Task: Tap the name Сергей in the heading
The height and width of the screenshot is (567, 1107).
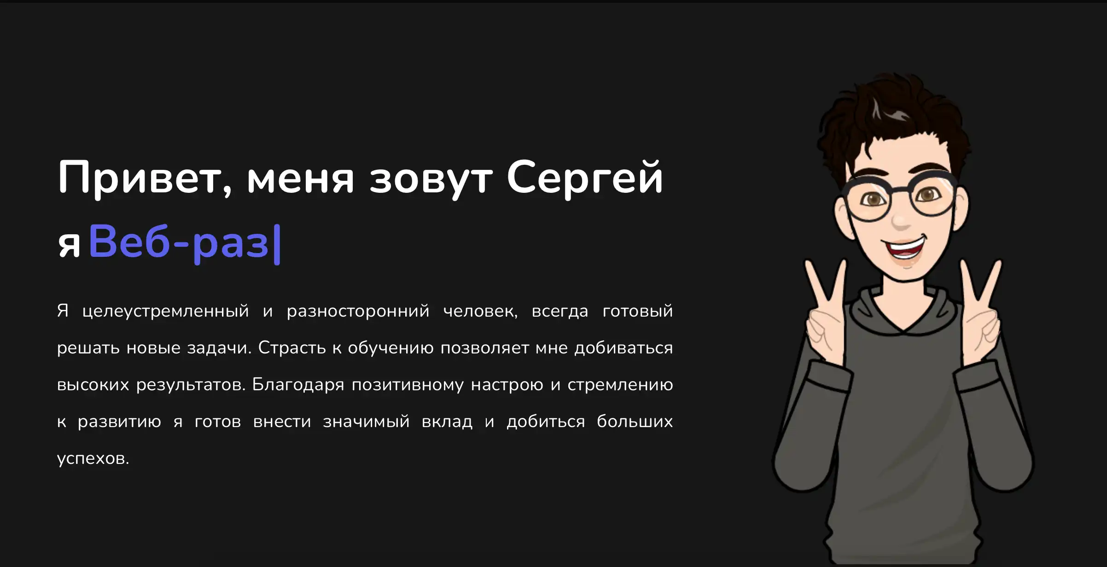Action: tap(585, 178)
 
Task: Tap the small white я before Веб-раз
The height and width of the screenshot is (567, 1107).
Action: tap(69, 245)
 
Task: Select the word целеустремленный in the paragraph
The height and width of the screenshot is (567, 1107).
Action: tap(166, 312)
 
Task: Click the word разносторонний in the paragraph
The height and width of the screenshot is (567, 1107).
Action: tap(358, 312)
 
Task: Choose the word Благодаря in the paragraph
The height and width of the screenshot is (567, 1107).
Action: tap(298, 385)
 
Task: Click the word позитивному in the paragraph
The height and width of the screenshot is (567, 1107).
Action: tap(408, 385)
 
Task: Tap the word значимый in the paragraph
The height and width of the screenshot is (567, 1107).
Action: tap(366, 422)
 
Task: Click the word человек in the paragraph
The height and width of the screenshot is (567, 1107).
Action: tap(480, 312)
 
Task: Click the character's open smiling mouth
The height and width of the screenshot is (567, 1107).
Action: tap(905, 248)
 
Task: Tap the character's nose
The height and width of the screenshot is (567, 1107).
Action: tap(901, 220)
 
